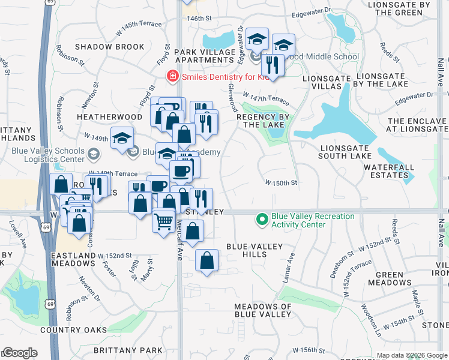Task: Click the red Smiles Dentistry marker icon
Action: coord(172,76)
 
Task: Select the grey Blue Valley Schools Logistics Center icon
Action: coord(93,155)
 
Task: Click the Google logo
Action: coord(19,353)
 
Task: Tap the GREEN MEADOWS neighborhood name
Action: coord(394,278)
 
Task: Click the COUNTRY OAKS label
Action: coord(74,330)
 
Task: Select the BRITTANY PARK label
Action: coord(128,350)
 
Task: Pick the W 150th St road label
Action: coord(282,182)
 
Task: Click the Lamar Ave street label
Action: coord(289,268)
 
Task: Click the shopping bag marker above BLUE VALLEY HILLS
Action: coord(206,260)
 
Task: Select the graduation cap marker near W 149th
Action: coord(122,137)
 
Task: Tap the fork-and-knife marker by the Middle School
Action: coord(273,64)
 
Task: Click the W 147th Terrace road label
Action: coord(266,98)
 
